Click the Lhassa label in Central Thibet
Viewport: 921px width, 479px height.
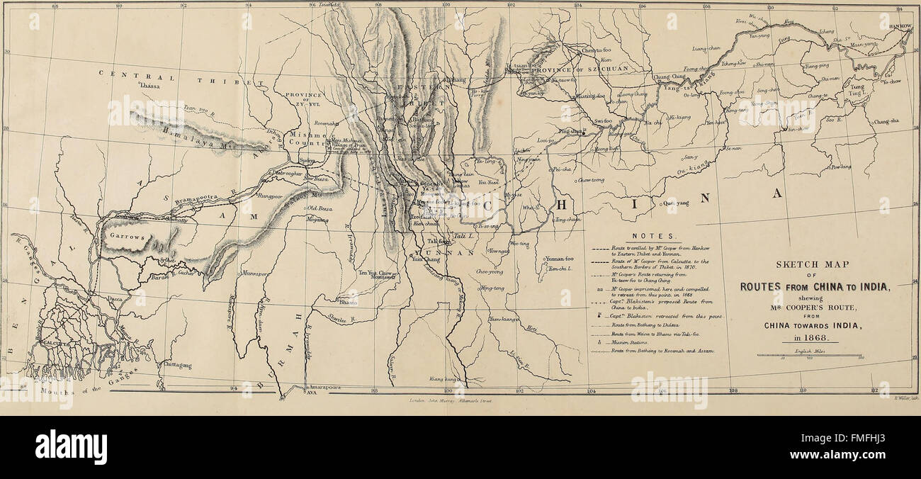coord(150,86)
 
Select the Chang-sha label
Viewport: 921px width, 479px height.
coord(886,121)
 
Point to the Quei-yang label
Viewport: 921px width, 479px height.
coord(676,203)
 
